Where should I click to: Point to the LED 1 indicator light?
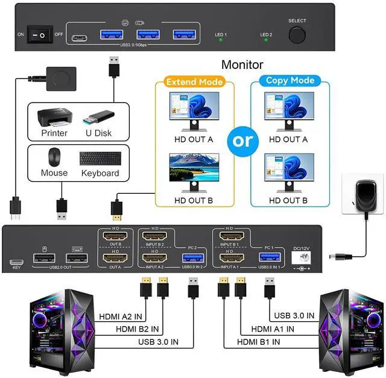(x=221, y=41)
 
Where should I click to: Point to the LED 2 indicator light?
(x=266, y=41)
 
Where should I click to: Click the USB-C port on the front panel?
(x=79, y=37)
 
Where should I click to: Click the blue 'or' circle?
(x=244, y=140)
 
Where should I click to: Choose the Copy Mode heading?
(x=290, y=80)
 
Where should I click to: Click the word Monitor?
(x=242, y=64)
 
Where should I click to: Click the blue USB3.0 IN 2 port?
(x=188, y=258)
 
